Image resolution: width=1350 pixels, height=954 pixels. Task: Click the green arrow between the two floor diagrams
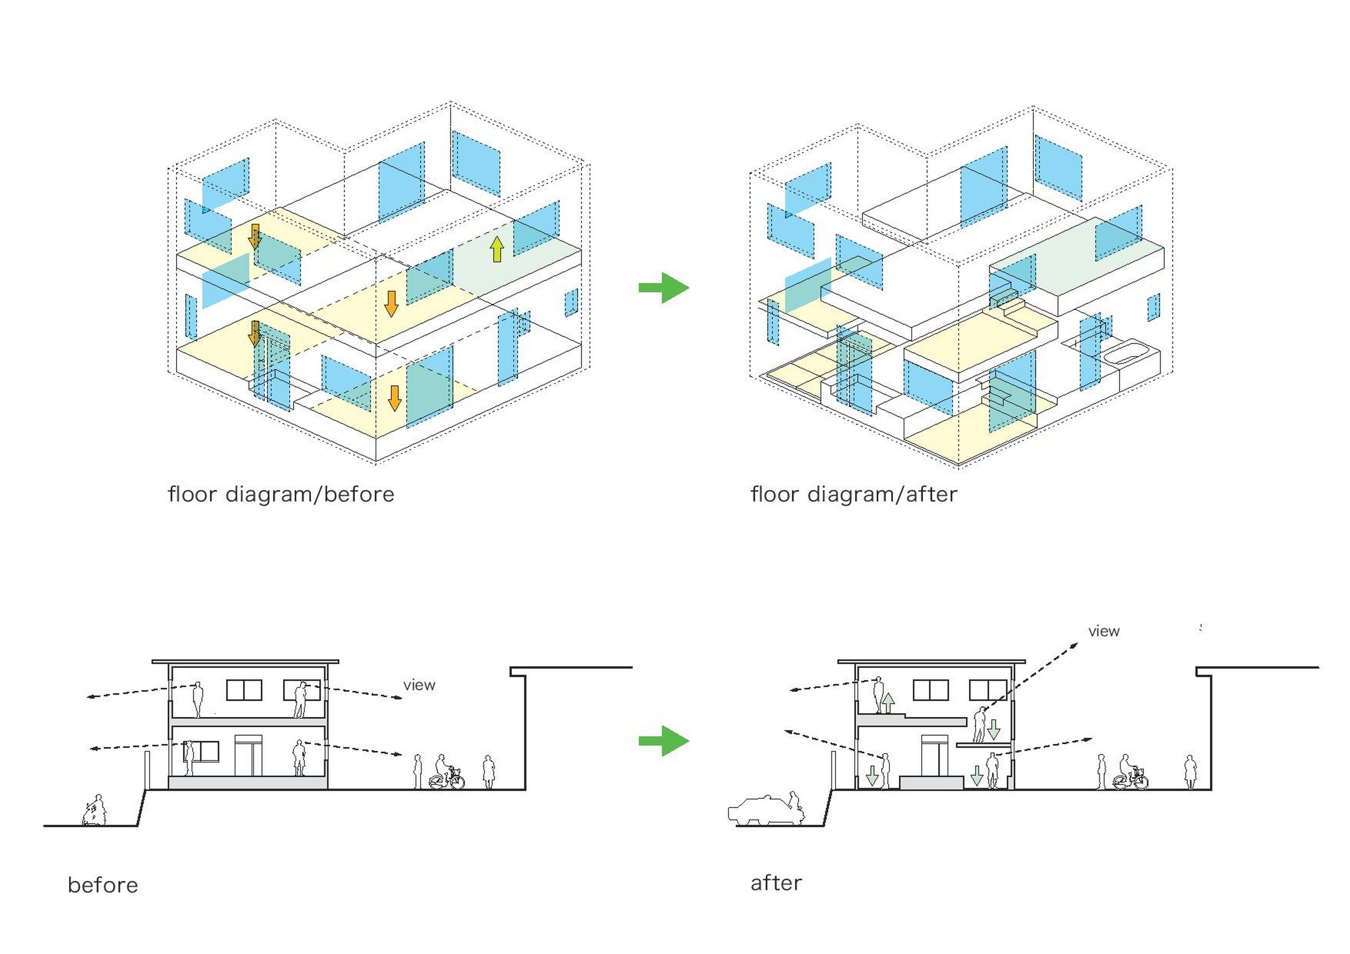(x=663, y=288)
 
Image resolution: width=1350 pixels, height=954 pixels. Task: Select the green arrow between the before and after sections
(x=663, y=741)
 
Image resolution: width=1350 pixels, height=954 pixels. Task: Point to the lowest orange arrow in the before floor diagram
(x=395, y=398)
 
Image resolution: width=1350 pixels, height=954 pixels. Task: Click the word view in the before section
(x=419, y=685)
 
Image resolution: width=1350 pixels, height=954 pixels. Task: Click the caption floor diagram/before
(x=280, y=494)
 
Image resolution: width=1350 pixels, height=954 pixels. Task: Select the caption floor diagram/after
(x=853, y=494)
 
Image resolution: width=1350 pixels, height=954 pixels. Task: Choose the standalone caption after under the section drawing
(x=776, y=883)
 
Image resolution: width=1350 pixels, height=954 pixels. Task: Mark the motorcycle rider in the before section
(x=95, y=811)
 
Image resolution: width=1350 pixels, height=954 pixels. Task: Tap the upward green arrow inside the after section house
(x=888, y=703)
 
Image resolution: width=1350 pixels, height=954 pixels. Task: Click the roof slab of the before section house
(x=245, y=662)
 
